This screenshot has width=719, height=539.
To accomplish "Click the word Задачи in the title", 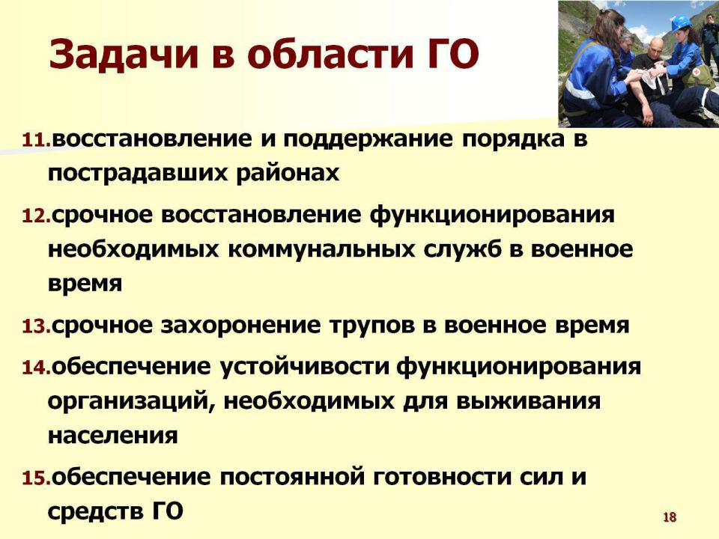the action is click(124, 54).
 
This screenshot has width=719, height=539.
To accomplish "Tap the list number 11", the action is click(37, 140).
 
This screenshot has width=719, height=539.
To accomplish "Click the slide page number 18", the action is click(670, 517).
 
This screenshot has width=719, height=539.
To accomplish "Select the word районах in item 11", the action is click(288, 174).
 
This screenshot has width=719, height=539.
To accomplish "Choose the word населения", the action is click(113, 436).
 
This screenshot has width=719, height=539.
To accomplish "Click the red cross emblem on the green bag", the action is click(697, 73).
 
